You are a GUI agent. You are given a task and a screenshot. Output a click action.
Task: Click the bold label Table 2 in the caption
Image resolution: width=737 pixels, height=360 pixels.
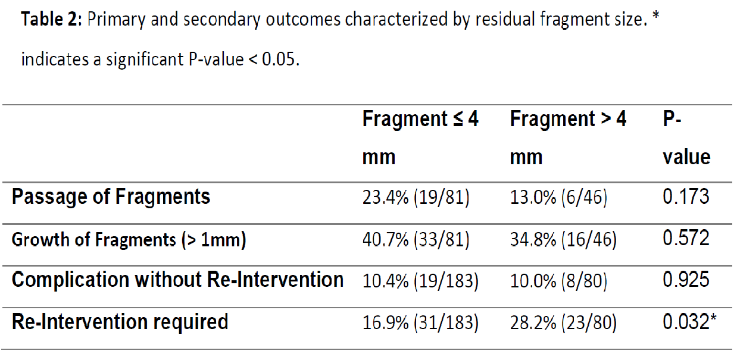(x=51, y=19)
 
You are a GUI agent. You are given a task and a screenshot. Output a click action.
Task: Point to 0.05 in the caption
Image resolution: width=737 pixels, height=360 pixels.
(x=280, y=59)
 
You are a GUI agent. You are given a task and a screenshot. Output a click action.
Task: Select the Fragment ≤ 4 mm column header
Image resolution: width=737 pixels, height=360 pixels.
(x=420, y=137)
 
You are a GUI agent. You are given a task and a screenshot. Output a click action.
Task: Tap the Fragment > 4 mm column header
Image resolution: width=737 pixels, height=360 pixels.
(x=568, y=137)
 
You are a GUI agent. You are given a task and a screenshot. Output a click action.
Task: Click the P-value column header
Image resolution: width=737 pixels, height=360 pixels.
(x=686, y=137)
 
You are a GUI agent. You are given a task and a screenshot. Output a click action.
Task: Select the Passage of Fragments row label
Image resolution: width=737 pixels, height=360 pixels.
(x=111, y=197)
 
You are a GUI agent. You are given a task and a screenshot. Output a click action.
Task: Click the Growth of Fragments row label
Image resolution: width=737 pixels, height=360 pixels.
(x=129, y=239)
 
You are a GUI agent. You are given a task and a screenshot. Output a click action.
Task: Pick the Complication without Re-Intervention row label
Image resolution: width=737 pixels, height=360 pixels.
(x=177, y=280)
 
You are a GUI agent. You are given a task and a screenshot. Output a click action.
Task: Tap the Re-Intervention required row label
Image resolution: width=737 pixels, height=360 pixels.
(x=120, y=322)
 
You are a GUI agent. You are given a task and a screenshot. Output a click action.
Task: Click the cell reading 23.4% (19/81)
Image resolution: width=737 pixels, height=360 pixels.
(x=416, y=198)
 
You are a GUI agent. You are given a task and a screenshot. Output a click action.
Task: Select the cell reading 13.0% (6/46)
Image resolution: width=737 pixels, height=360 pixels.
(x=558, y=198)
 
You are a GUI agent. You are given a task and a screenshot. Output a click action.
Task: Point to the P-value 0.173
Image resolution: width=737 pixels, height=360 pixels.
(x=686, y=196)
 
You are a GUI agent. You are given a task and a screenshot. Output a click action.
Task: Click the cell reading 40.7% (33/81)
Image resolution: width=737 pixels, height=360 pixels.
(x=416, y=239)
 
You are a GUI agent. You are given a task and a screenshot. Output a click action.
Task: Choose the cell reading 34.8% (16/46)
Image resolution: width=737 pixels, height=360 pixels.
(x=563, y=239)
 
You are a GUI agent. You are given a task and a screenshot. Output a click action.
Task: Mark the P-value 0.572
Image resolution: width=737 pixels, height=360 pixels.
(x=686, y=237)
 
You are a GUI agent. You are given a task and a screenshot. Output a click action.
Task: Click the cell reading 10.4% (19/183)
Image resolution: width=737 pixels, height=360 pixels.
(x=420, y=281)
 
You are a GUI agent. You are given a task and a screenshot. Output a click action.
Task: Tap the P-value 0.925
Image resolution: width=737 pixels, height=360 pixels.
(x=686, y=280)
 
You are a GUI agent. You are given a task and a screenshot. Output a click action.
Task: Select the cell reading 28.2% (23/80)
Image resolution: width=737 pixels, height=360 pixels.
(x=563, y=323)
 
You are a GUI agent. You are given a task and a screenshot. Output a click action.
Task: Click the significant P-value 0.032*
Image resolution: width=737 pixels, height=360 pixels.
(x=689, y=321)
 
